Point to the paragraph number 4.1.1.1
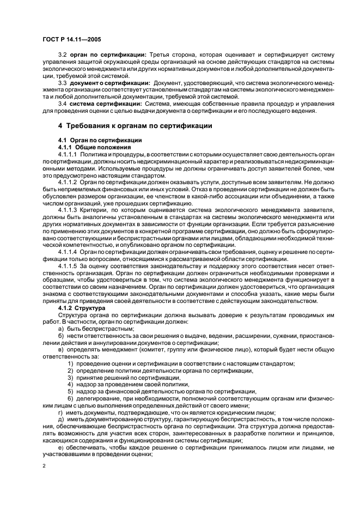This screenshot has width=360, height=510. click(69, 155)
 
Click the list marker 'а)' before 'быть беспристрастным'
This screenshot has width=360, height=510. click(61, 329)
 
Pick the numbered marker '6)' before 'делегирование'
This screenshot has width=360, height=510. click(71, 398)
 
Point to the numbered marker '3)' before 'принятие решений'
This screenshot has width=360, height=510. click(71, 377)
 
